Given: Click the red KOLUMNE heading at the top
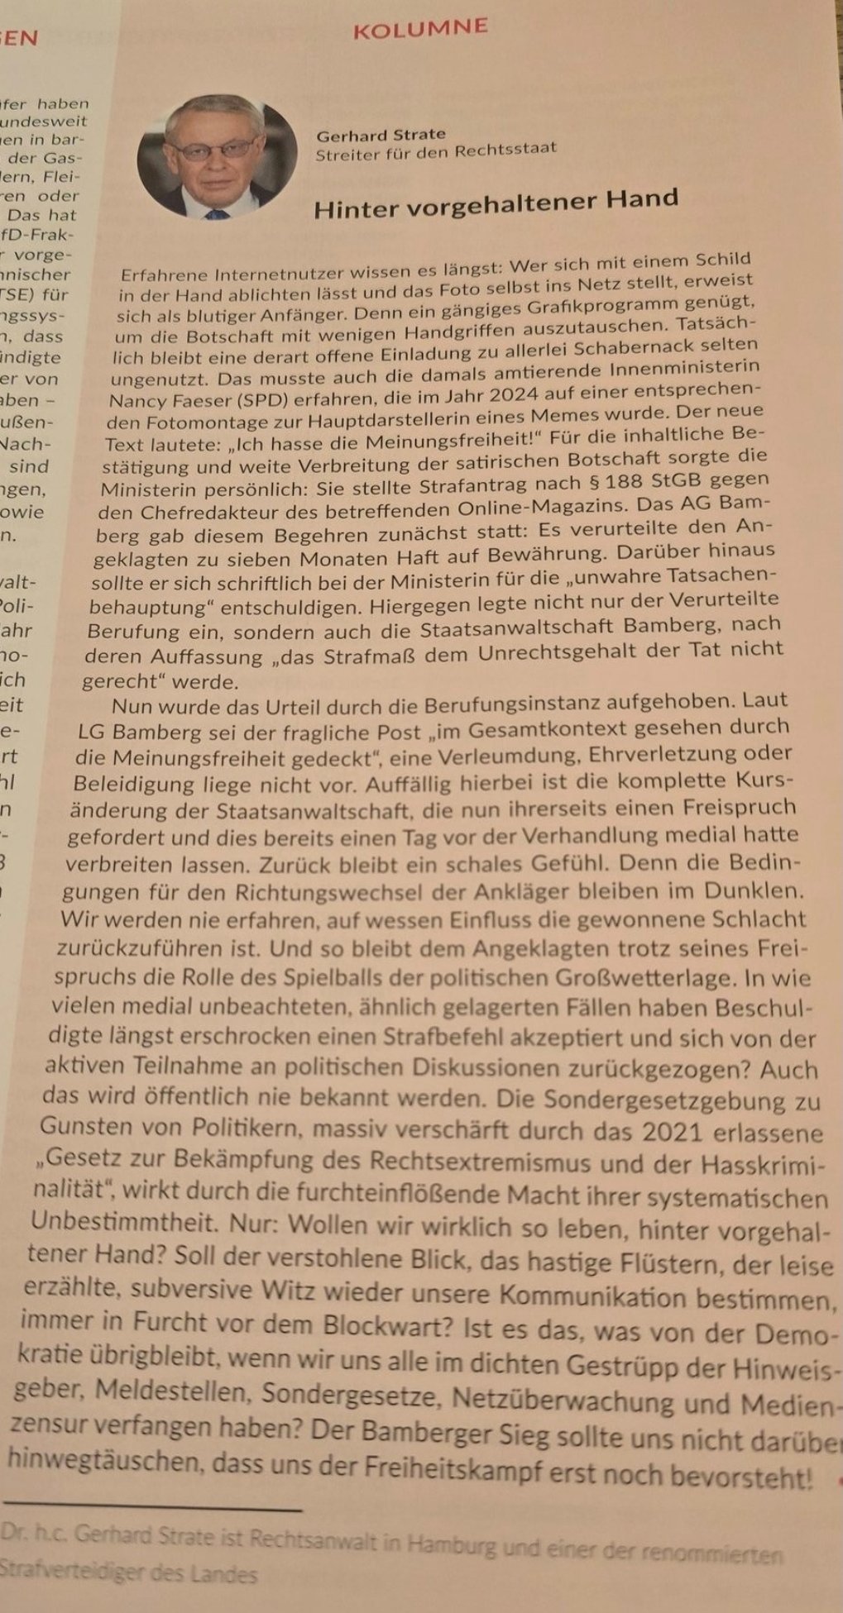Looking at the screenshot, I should click(420, 30).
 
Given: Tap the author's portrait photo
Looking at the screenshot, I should click(217, 157).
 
